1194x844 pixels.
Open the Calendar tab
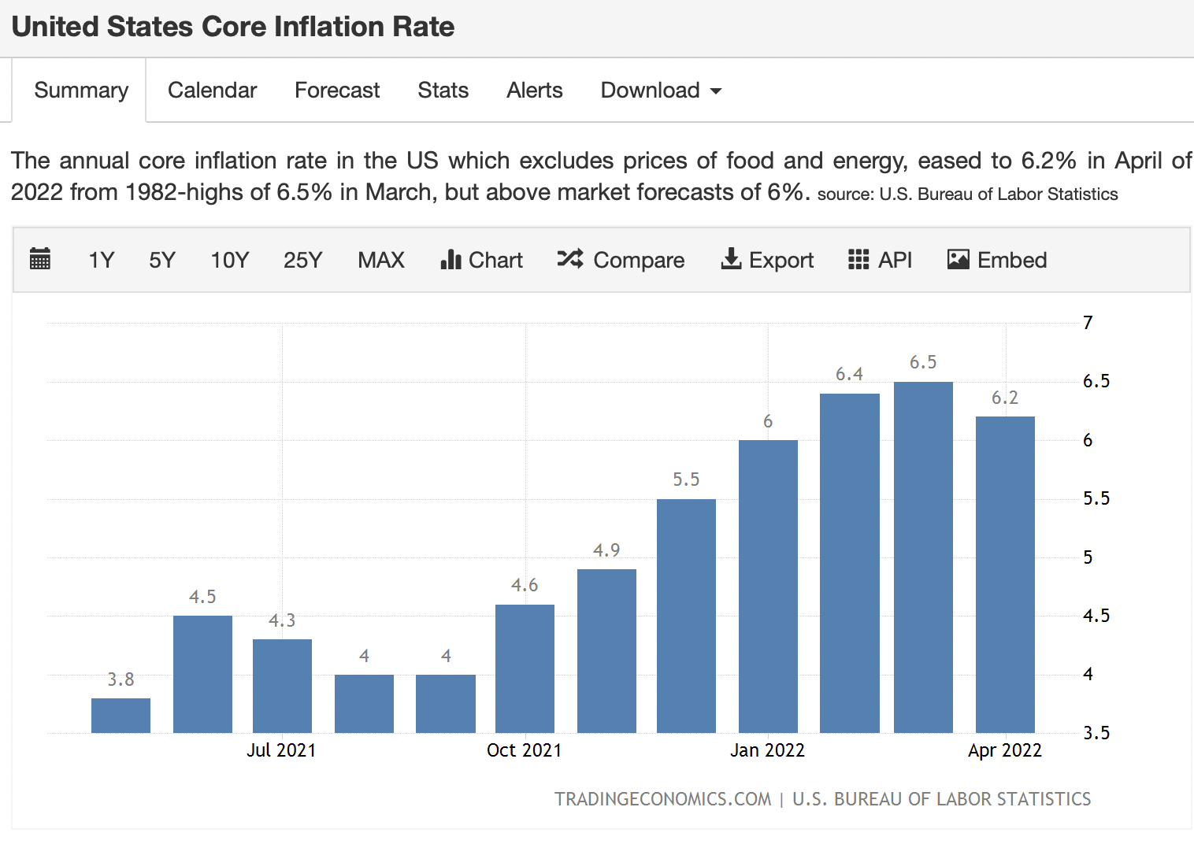[212, 90]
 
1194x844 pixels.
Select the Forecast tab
[337, 90]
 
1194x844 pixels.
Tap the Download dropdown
[661, 90]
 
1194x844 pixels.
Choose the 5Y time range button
[162, 260]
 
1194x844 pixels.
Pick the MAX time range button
[381, 260]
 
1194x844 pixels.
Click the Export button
[767, 260]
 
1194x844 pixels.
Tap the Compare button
[621, 260]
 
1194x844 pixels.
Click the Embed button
[997, 260]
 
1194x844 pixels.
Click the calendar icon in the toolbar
[40, 259]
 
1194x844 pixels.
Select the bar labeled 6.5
[923, 557]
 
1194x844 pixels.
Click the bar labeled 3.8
[121, 716]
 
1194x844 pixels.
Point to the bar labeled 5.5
[686, 616]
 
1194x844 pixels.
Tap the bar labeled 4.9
[606, 651]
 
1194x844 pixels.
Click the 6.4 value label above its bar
[849, 374]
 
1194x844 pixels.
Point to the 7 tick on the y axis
[1088, 323]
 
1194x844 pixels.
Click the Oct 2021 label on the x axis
[524, 750]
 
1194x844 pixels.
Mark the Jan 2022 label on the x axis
[767, 750]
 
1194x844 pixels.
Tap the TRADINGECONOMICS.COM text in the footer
[662, 799]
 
